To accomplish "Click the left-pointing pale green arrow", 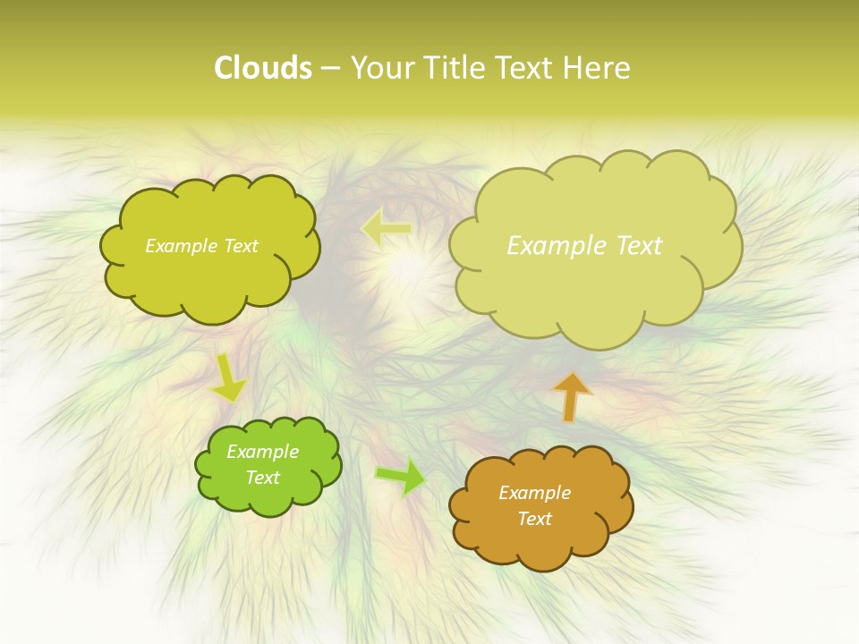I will tap(386, 229).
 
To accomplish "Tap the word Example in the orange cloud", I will tap(534, 493).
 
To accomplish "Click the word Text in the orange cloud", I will tap(534, 519).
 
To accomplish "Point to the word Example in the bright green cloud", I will tap(262, 452).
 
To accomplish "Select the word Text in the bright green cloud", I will tap(262, 478).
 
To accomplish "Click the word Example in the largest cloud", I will tap(555, 246).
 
